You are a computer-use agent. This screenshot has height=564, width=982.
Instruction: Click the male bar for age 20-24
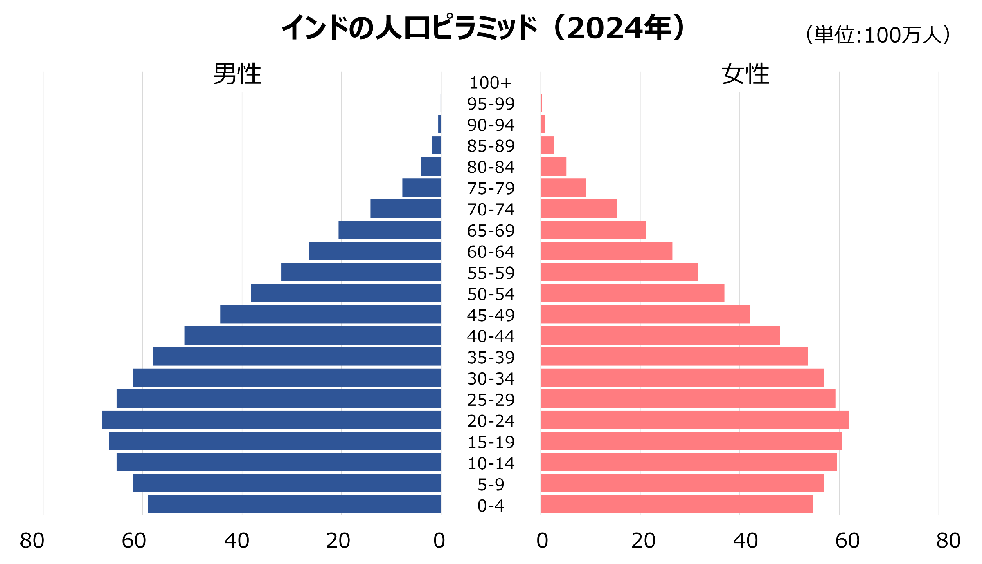tap(271, 420)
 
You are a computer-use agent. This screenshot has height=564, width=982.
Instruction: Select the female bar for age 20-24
tap(694, 420)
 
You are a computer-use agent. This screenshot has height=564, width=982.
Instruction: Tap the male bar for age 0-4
tap(295, 504)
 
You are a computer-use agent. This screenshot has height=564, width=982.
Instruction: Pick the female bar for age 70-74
tap(579, 209)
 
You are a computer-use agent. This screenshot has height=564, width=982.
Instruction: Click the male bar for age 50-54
tap(346, 293)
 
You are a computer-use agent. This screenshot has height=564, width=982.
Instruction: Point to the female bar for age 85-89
tap(547, 145)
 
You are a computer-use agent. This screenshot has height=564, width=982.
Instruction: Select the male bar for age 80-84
tap(431, 167)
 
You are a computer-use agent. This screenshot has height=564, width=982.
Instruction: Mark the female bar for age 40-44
tap(660, 336)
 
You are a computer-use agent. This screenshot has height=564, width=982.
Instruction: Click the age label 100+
tap(491, 83)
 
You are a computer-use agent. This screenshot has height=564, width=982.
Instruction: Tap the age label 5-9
tap(491, 485)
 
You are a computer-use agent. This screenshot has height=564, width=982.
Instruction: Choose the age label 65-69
tap(491, 231)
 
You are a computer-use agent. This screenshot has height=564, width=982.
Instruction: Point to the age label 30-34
tap(491, 379)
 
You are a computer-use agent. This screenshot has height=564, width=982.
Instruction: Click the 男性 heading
tap(237, 74)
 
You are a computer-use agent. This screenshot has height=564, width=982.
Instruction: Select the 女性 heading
tap(745, 74)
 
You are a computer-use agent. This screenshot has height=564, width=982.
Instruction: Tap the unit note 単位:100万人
tap(878, 35)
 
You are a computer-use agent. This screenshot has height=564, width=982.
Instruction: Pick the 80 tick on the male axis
tap(32, 541)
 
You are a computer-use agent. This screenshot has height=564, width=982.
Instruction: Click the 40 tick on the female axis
tap(745, 541)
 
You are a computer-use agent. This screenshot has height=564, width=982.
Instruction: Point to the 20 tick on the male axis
tap(338, 541)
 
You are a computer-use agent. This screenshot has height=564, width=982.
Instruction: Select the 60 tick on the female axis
tap(847, 541)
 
